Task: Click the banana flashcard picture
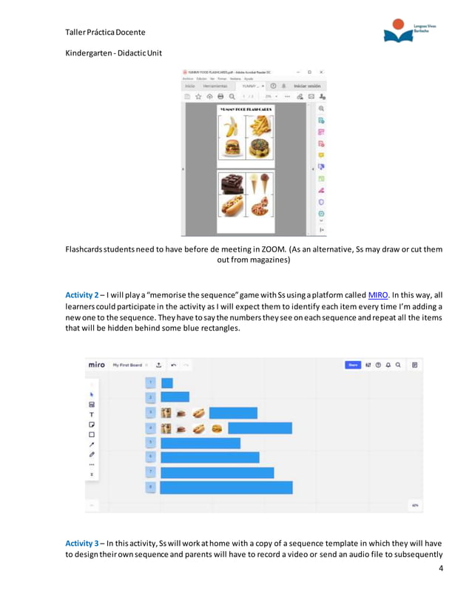(x=231, y=126)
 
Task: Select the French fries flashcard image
(x=260, y=126)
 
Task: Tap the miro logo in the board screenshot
(x=96, y=365)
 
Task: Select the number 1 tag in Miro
(x=150, y=382)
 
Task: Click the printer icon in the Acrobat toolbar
(x=220, y=96)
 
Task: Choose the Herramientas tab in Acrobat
(x=215, y=86)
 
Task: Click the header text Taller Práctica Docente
(x=106, y=32)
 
